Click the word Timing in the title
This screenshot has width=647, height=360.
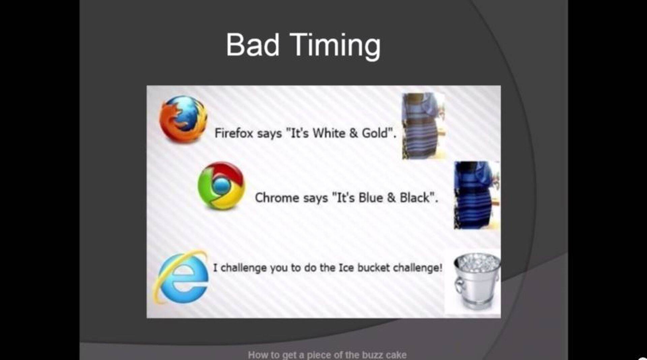coord(335,47)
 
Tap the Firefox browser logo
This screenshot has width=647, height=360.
coord(183,119)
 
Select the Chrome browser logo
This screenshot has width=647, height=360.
coord(221,186)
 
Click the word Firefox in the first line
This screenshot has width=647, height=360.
coord(234,133)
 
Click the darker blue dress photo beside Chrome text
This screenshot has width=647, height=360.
coord(477,195)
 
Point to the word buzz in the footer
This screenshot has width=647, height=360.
coord(373,355)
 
